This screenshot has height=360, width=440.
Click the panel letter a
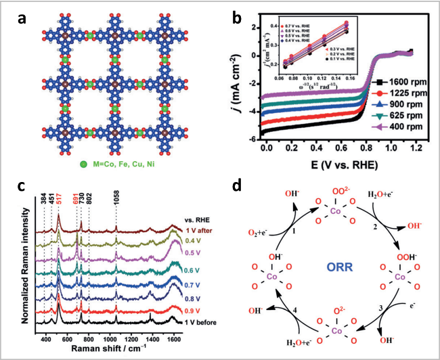tap(23, 18)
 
